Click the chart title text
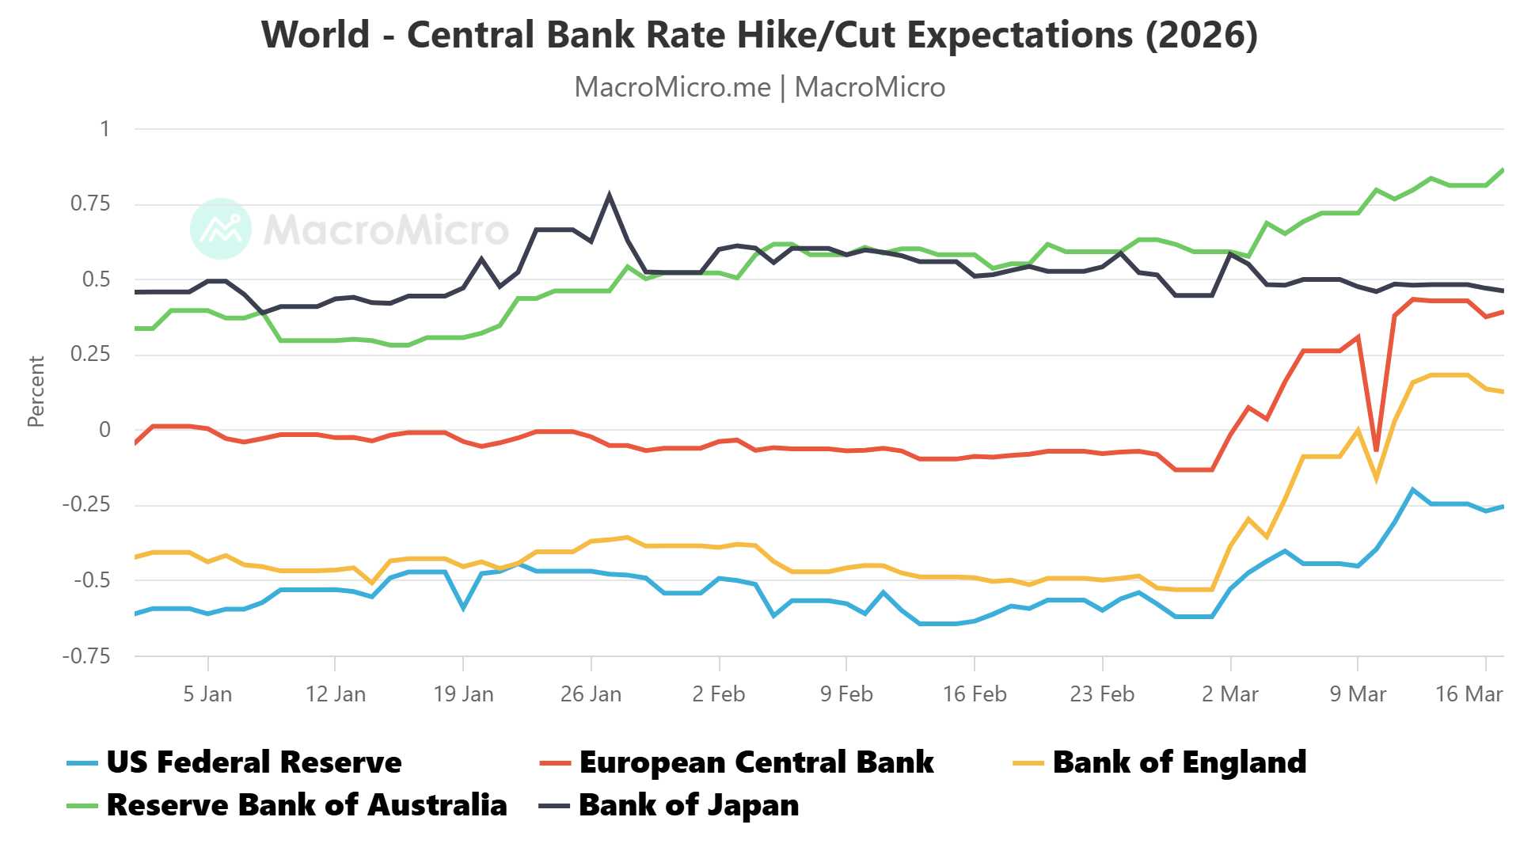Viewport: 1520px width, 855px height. point(759,35)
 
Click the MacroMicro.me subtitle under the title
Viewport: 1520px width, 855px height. point(759,87)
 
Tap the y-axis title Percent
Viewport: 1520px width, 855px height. point(36,392)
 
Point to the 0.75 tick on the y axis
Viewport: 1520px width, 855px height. point(90,204)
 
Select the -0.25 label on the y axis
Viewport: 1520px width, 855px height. point(86,505)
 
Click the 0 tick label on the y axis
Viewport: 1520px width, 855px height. point(104,430)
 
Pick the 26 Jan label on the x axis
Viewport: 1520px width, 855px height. point(591,694)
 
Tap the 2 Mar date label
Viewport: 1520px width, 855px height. point(1229,694)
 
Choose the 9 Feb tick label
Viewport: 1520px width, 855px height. point(846,694)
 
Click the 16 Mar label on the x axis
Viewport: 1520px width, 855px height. point(1469,694)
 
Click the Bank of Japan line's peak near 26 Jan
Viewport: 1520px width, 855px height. point(609,195)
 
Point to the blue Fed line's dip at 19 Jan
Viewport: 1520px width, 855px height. point(463,608)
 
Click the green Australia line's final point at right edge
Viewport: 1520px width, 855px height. point(1503,169)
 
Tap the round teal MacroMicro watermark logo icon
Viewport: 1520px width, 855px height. point(221,229)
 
